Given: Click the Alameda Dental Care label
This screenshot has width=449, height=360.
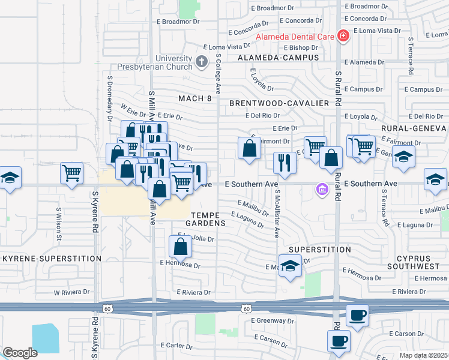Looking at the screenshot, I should click(x=295, y=36).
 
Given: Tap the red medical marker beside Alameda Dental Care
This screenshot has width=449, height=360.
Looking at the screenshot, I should click(x=343, y=36).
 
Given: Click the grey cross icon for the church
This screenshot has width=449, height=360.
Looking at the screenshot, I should click(x=202, y=61).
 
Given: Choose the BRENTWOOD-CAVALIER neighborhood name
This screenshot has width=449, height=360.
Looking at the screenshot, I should click(x=279, y=103).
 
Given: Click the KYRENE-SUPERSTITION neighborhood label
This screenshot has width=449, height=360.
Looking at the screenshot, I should click(x=52, y=259).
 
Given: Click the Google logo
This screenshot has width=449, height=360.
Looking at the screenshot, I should click(x=20, y=353).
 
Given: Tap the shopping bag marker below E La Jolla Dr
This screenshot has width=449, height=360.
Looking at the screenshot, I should click(x=180, y=247).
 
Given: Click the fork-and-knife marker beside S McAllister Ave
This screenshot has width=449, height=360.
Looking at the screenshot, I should click(x=283, y=163).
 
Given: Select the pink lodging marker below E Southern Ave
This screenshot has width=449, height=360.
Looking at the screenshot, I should click(x=322, y=190).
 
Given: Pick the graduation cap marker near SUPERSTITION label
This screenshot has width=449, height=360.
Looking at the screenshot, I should click(x=290, y=265).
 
